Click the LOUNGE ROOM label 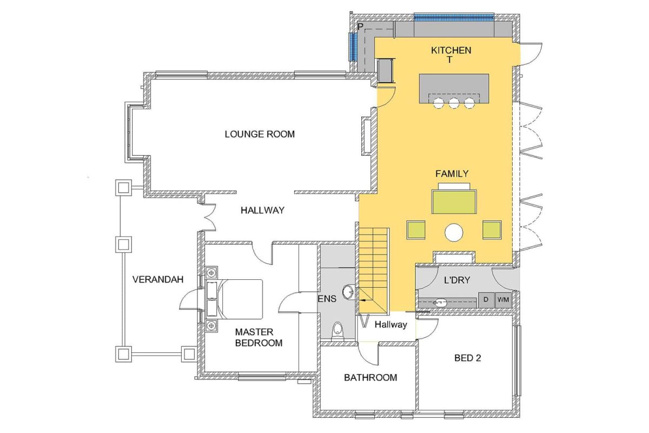(260, 134)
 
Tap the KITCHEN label (451, 50)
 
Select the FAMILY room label (452, 174)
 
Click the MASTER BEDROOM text (259, 337)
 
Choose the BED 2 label (467, 358)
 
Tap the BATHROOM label (370, 377)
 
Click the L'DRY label (457, 280)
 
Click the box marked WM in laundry (503, 299)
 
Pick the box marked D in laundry (486, 299)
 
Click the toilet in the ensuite (337, 330)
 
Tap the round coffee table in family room (454, 232)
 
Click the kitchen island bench (454, 87)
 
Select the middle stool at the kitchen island (454, 103)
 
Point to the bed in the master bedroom (238, 299)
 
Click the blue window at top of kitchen (454, 16)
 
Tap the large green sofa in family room (454, 200)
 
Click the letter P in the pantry (360, 27)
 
